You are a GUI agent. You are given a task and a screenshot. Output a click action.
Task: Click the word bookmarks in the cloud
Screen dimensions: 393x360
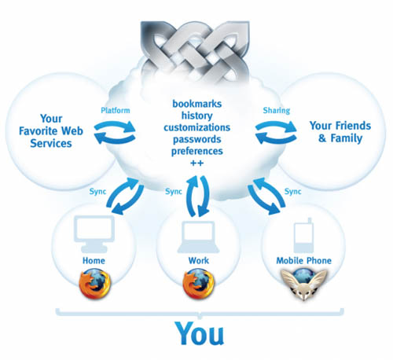[197, 104]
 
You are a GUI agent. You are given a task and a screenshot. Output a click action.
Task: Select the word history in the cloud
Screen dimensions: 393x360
[197, 116]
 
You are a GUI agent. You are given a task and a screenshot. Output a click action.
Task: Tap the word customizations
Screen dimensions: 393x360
[197, 127]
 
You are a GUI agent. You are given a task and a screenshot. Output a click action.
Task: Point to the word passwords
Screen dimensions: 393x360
[197, 139]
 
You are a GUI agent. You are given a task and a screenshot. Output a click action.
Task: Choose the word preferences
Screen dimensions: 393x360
[197, 152]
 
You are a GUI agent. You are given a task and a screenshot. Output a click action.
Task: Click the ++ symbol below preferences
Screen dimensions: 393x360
[197, 163]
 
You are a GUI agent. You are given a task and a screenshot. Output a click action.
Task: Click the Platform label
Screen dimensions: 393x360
[116, 110]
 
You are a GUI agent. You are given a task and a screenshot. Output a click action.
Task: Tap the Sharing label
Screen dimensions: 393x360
[277, 111]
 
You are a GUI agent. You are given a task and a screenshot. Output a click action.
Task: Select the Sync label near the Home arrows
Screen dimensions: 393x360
[97, 192]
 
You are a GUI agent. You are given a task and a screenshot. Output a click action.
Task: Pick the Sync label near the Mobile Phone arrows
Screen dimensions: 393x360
[293, 192]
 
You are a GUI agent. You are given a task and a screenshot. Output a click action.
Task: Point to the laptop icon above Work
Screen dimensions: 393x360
[198, 237]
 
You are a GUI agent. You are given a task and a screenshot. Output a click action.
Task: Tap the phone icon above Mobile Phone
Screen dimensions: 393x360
[303, 235]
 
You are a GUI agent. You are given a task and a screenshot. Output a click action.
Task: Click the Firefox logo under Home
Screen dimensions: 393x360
[94, 284]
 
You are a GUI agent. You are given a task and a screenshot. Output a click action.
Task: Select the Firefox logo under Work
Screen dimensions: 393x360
[198, 284]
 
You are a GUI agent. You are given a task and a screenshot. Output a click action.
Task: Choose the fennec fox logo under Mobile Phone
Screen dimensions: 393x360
[303, 285]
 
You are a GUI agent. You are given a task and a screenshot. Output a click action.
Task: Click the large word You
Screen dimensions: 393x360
[200, 333]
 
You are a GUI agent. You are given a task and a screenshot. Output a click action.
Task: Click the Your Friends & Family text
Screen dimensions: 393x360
[340, 132]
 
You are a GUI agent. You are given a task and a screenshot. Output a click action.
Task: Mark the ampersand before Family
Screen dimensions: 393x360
[322, 138]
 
